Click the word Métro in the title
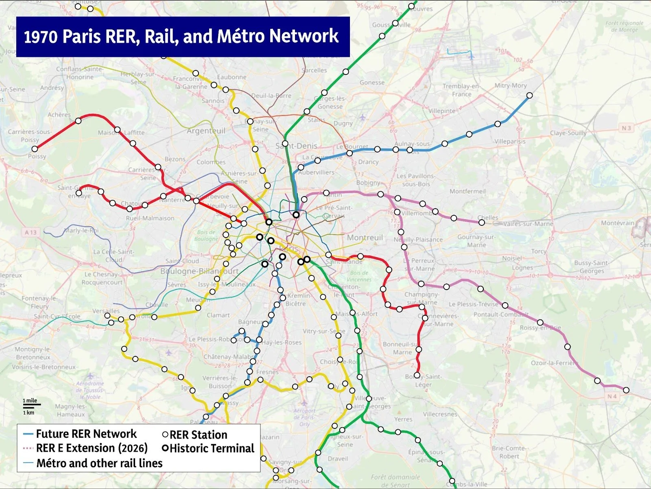(x=241, y=36)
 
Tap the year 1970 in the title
(x=41, y=37)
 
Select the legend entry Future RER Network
(x=86, y=434)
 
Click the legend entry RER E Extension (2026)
(x=92, y=448)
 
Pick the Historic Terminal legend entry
(x=212, y=449)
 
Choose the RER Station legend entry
(x=198, y=435)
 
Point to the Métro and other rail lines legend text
(x=99, y=463)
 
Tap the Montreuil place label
(x=365, y=238)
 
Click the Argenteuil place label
(x=206, y=131)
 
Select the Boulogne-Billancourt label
(x=199, y=271)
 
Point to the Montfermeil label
(x=467, y=191)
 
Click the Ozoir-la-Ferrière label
(x=554, y=363)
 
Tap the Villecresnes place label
(x=440, y=414)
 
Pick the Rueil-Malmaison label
(x=150, y=218)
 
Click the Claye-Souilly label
(x=568, y=133)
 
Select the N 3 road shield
(x=626, y=128)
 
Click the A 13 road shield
(x=31, y=232)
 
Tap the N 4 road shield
(x=612, y=396)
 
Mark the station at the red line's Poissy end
(x=35, y=149)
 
